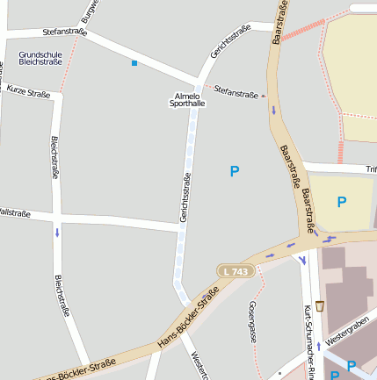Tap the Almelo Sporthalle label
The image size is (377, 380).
tap(187, 99)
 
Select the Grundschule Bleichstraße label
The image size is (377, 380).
tap(40, 59)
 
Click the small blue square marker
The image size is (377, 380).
tap(134, 63)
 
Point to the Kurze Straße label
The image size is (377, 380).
tap(28, 90)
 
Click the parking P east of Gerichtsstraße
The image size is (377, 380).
tap(235, 172)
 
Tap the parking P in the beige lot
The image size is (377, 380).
tap(342, 202)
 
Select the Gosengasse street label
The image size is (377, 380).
tap(252, 321)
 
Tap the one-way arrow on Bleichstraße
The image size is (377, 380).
tap(58, 233)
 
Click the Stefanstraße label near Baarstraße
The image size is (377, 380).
tap(236, 92)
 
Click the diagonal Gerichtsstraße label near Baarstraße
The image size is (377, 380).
tap(230, 42)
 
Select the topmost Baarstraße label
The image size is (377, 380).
tap(280, 23)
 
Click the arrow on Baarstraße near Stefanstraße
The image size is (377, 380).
tap(273, 111)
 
